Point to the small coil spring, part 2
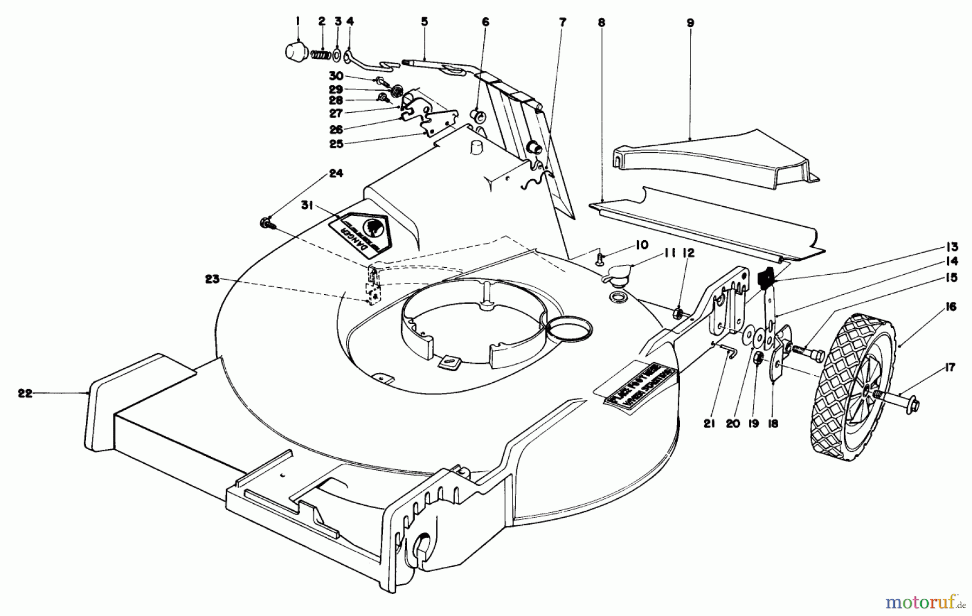pyautogui.click(x=322, y=55)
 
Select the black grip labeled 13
pyautogui.click(x=766, y=278)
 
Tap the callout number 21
pyautogui.click(x=709, y=424)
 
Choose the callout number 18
pyautogui.click(x=773, y=424)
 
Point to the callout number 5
pyautogui.click(x=424, y=22)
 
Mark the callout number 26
pyautogui.click(x=336, y=130)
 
